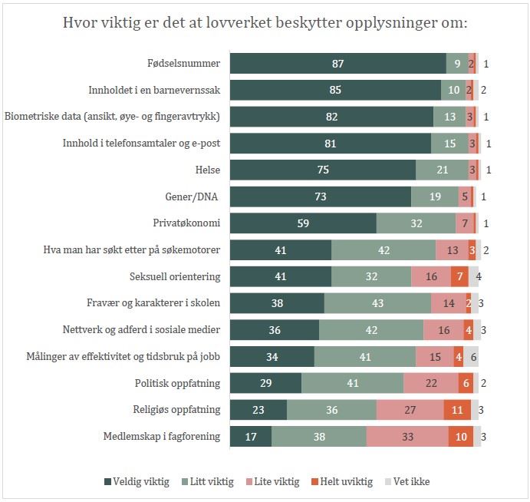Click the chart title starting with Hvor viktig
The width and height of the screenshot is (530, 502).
click(x=265, y=23)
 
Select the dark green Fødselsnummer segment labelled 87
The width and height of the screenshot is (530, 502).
click(x=338, y=64)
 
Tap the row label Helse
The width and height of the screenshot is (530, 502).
click(x=204, y=170)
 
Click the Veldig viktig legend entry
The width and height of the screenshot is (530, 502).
click(x=137, y=482)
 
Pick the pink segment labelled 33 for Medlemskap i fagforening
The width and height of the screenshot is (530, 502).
click(x=407, y=437)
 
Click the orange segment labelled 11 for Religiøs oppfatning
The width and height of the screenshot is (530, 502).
click(x=457, y=410)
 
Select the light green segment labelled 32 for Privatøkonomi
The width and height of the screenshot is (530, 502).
click(x=416, y=223)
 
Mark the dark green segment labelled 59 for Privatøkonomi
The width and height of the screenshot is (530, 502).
click(x=304, y=223)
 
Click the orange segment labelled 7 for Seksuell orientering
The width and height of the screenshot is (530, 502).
click(x=459, y=276)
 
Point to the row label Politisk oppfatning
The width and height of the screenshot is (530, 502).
click(x=177, y=383)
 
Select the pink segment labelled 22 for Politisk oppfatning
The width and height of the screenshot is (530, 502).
click(x=431, y=383)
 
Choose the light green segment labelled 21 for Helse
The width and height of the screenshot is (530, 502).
click(x=442, y=170)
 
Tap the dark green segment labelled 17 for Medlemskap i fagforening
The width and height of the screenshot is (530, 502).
click(x=251, y=437)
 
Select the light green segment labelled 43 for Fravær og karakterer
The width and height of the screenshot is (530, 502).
click(x=377, y=303)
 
